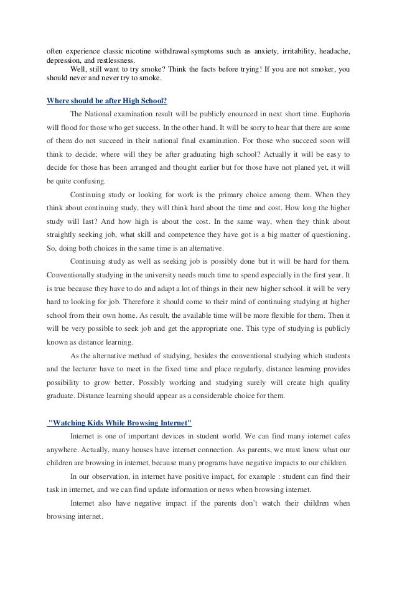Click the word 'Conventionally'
pos(69,274)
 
